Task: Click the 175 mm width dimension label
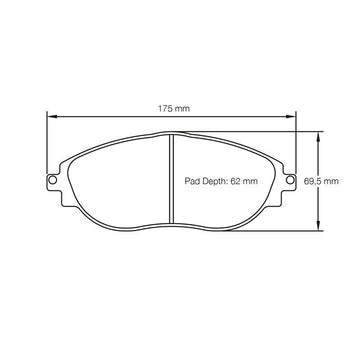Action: (x=174, y=108)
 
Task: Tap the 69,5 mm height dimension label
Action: (x=321, y=181)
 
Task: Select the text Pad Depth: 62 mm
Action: (x=221, y=181)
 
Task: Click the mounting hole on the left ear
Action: (x=52, y=180)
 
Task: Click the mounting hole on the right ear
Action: (x=290, y=180)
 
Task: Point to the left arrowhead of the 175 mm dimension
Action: (x=52, y=116)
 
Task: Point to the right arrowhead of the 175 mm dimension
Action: (x=291, y=116)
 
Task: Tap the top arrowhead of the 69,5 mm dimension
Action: (x=318, y=136)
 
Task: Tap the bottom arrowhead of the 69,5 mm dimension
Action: (x=318, y=225)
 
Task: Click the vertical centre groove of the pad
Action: (x=171, y=179)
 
